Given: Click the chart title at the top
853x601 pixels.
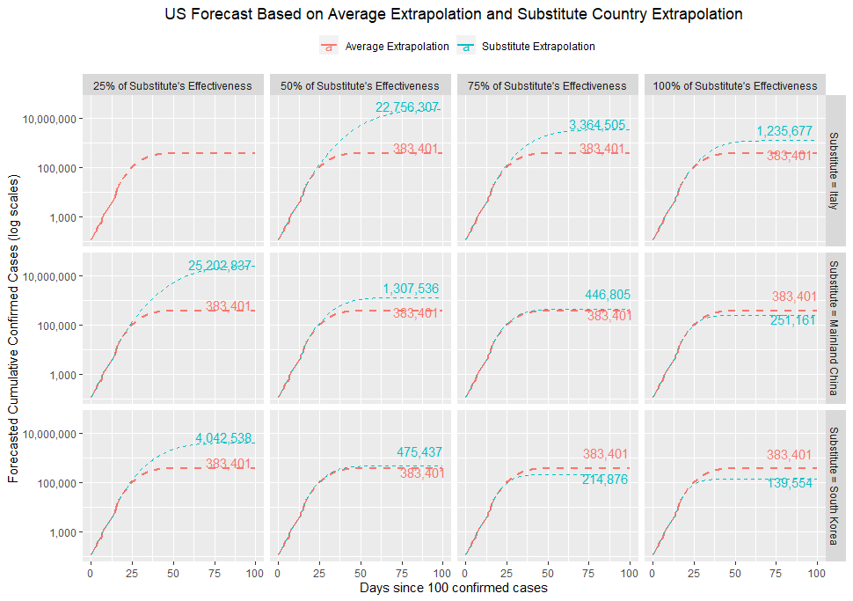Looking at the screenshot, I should pyautogui.click(x=453, y=15).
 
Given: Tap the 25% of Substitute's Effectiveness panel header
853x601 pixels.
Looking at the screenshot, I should pyautogui.click(x=172, y=86).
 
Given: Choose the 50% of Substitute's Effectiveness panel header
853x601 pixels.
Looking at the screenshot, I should pyautogui.click(x=360, y=86).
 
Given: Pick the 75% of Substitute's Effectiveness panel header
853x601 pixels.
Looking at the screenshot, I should pyautogui.click(x=547, y=86).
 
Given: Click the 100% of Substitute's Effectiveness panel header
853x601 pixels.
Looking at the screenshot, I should pyautogui.click(x=734, y=86).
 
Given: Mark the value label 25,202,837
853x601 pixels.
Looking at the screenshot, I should pyautogui.click(x=221, y=266).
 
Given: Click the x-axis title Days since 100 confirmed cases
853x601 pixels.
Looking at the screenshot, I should pyautogui.click(x=453, y=588).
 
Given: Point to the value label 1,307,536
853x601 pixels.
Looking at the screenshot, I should pyautogui.click(x=411, y=289).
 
